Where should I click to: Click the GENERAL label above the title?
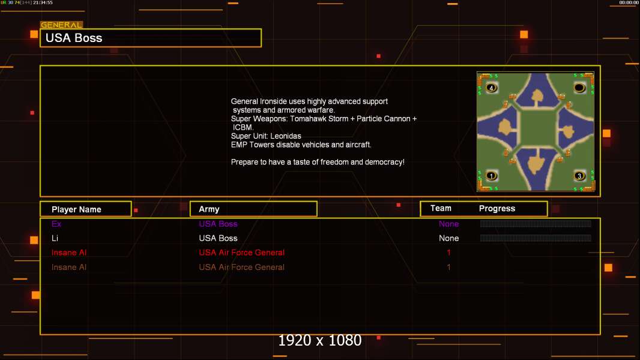(x=61, y=25)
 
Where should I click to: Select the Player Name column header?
(x=76, y=209)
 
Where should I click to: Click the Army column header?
(x=209, y=209)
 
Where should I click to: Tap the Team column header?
(x=441, y=208)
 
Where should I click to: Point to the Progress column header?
(x=497, y=209)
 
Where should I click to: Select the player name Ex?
(x=56, y=224)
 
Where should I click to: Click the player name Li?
(x=55, y=238)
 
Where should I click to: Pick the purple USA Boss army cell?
(x=218, y=224)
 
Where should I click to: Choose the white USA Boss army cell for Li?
(x=218, y=238)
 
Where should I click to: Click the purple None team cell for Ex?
(x=448, y=224)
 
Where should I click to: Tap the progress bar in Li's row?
(x=536, y=238)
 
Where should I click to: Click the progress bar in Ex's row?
(x=536, y=224)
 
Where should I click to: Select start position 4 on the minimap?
(x=492, y=88)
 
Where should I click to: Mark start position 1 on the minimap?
(x=492, y=176)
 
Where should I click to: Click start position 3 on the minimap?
(x=579, y=176)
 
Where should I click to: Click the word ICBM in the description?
(x=243, y=127)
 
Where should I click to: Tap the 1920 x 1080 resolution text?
(x=320, y=341)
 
